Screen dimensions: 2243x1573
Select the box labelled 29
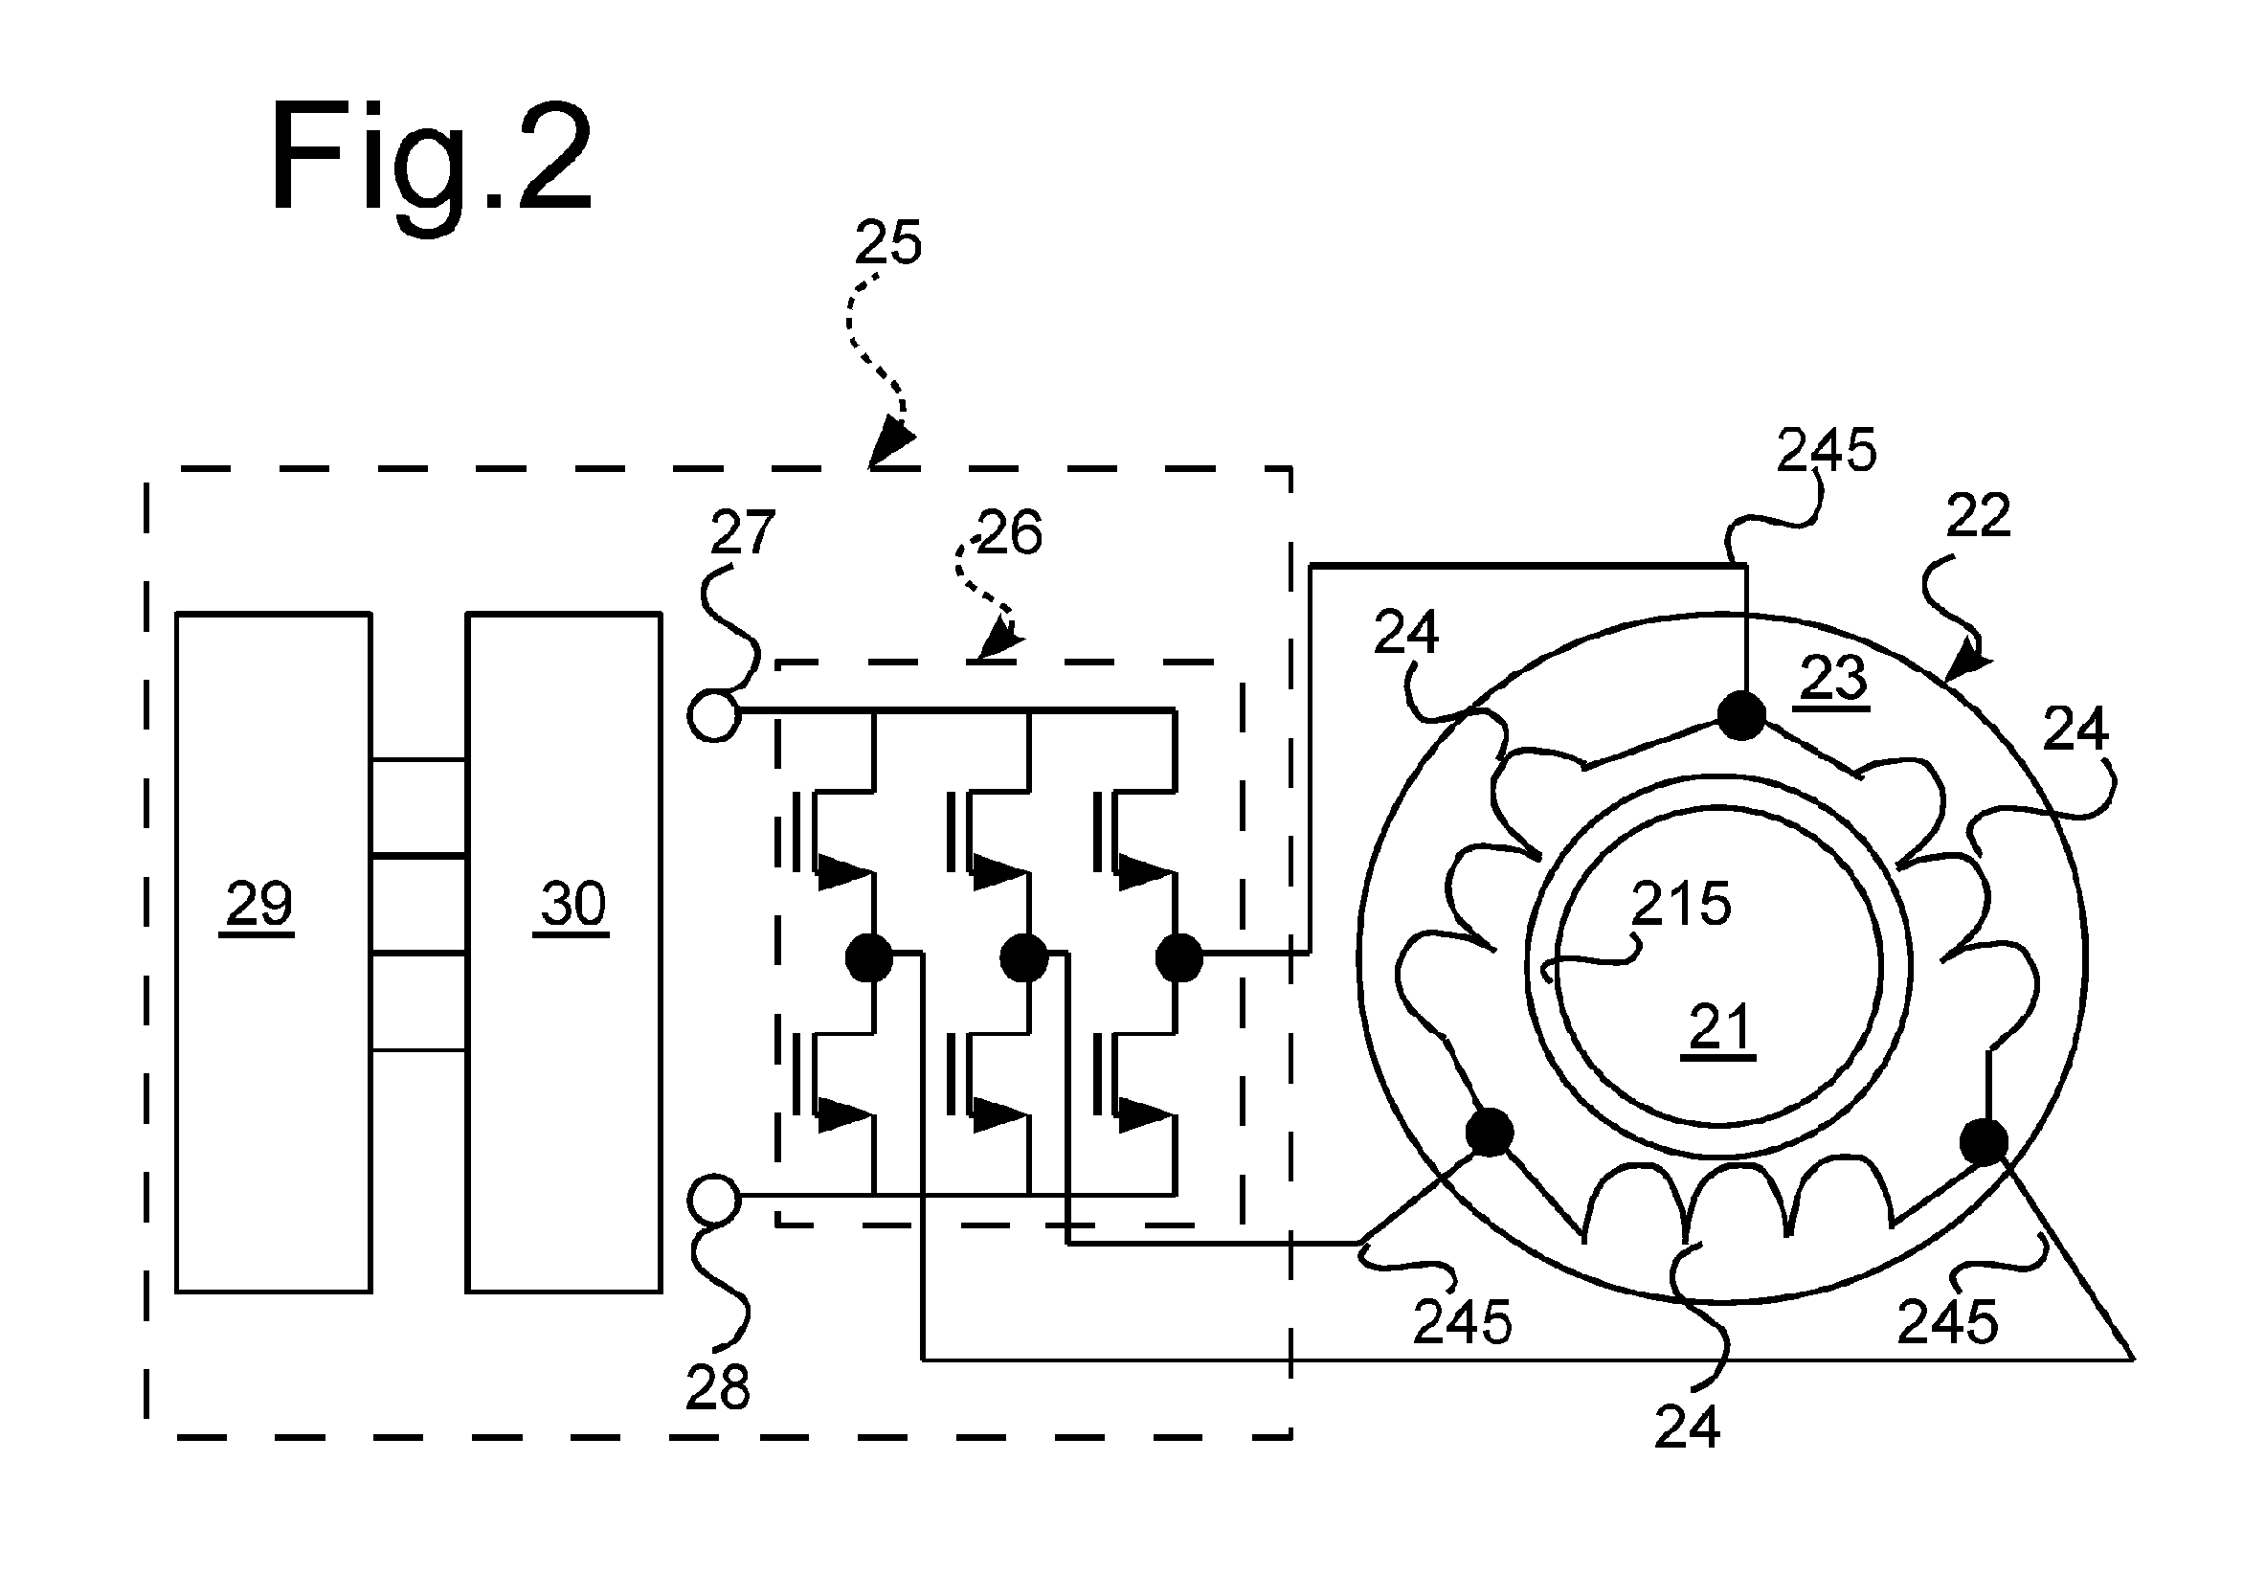pos(274,953)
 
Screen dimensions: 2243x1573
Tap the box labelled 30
pos(564,953)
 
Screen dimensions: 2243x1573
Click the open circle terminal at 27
pos(714,716)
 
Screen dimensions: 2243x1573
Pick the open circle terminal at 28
pos(714,1201)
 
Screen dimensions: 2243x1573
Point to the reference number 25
pos(888,242)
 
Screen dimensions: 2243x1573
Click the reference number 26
pos(1009,533)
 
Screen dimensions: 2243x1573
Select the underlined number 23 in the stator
pos(1832,679)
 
